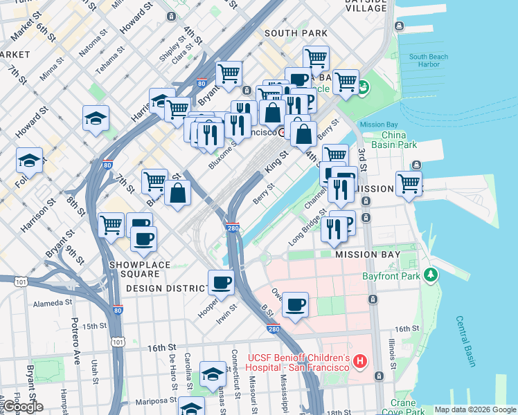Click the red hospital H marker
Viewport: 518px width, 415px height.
pos(359,361)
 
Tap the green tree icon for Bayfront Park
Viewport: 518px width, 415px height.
pos(432,275)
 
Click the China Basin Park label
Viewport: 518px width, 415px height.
pos(398,140)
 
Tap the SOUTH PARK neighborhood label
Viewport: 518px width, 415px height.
pos(290,33)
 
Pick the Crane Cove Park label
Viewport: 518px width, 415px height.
pos(393,407)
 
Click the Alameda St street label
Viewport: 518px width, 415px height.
pos(49,302)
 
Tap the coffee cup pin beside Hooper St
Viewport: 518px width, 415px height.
pos(221,282)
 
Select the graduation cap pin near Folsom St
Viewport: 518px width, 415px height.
pos(29,160)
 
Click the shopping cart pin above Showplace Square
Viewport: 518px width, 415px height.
pos(111,224)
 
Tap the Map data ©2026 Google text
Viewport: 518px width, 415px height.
pos(474,409)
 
